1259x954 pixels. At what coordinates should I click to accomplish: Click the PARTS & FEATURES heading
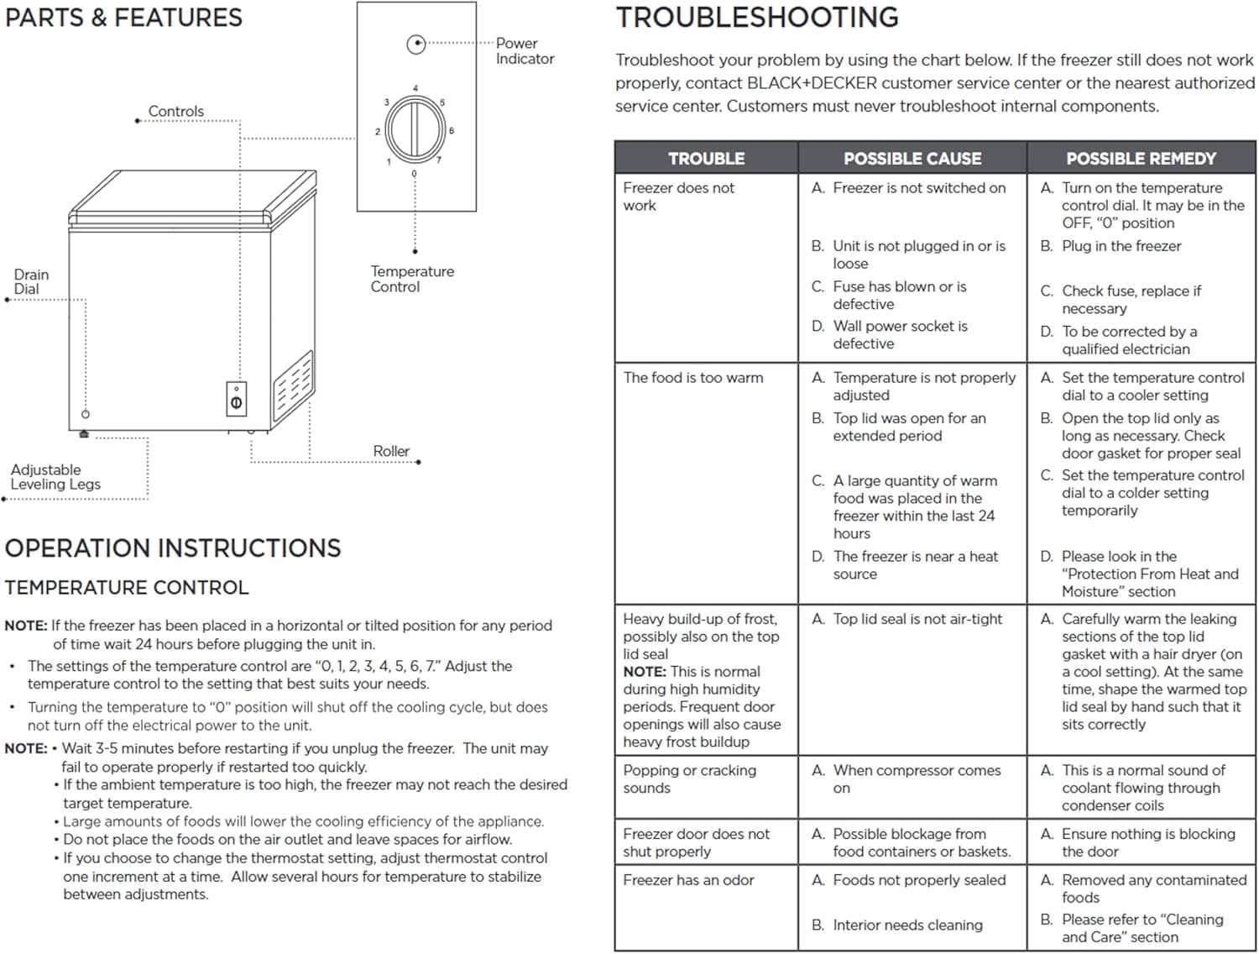point(123,18)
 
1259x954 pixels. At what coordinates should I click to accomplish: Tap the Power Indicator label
point(525,50)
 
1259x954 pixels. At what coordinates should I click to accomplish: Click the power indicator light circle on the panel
point(416,44)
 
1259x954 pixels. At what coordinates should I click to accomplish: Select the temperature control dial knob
point(415,130)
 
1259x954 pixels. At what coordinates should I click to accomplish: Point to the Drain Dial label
point(31,281)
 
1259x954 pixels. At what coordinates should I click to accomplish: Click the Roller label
point(391,451)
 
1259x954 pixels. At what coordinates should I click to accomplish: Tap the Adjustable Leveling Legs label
point(55,477)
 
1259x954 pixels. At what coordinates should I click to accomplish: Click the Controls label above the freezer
point(176,111)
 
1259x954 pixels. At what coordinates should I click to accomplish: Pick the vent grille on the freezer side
point(293,384)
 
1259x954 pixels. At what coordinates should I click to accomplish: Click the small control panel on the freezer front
point(237,399)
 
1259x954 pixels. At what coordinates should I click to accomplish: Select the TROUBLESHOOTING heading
point(757,18)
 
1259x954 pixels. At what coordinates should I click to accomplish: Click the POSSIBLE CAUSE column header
point(912,159)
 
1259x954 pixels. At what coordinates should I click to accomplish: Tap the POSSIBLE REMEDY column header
point(1141,159)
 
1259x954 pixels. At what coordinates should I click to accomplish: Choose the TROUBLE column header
point(706,159)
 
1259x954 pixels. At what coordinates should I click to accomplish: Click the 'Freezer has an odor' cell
point(688,880)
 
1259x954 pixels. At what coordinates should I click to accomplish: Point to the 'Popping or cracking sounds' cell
point(689,778)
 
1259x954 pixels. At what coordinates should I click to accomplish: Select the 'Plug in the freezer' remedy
point(1121,246)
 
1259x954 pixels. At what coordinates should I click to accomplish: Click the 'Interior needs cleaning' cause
point(907,925)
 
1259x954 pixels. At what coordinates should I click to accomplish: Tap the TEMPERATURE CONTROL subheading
point(127,588)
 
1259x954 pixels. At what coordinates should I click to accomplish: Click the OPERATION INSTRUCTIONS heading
point(173,548)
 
